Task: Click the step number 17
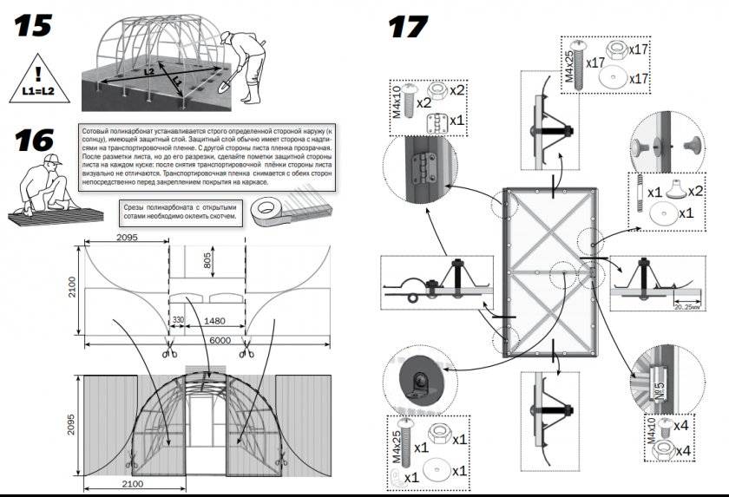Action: (x=409, y=26)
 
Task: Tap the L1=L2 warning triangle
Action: (x=37, y=76)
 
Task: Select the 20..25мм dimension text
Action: (x=693, y=305)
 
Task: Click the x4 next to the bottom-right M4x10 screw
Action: (x=684, y=426)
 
